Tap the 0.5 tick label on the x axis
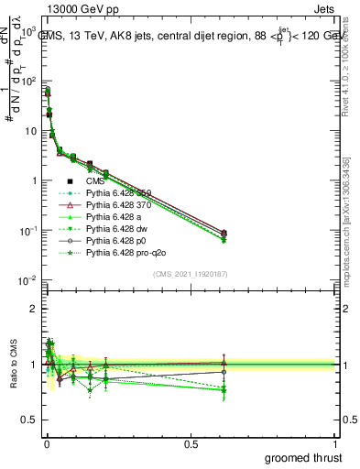[191, 444]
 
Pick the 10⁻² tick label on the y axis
[27, 279]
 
